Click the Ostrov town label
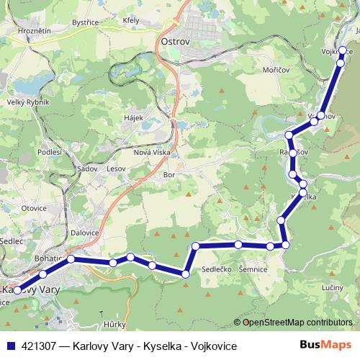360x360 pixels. point(174,41)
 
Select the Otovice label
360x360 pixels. point(34,208)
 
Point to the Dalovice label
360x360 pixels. point(85,233)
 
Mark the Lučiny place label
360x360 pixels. point(332,287)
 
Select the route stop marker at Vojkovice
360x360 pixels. point(343,51)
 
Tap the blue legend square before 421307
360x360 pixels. point(9,346)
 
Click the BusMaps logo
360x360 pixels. point(325,346)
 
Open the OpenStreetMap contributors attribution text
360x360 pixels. point(298,323)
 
